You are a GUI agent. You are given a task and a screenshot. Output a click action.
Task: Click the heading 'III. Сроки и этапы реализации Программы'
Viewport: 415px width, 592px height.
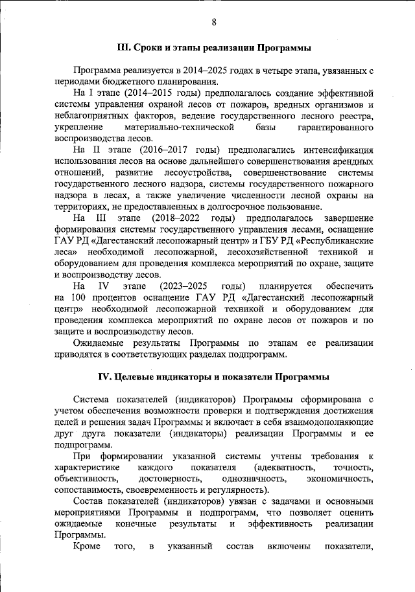tap(213, 48)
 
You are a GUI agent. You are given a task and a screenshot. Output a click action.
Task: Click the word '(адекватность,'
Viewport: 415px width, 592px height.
tap(285, 468)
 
